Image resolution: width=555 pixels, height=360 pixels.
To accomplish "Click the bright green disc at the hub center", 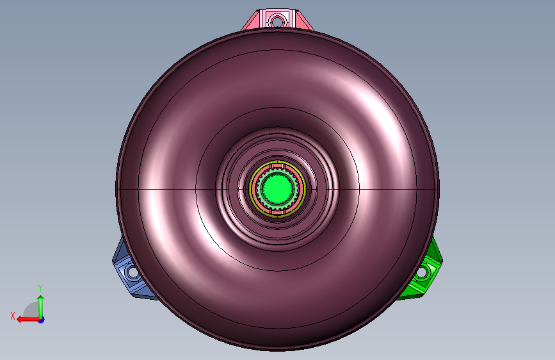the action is pos(278,188).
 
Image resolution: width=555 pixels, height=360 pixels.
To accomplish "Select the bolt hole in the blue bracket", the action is pos(132,272).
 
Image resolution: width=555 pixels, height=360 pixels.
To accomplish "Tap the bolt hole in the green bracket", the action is pos(422,272).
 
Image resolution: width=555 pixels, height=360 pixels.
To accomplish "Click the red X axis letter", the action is pos(13,316).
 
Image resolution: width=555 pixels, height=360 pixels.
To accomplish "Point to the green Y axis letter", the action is pos(40,288).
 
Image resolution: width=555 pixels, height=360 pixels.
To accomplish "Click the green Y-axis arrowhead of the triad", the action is pos(41,299).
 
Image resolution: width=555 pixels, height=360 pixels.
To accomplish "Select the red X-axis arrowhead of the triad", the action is pos(20,320).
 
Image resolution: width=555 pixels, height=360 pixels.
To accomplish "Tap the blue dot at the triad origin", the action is pos(42,320).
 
